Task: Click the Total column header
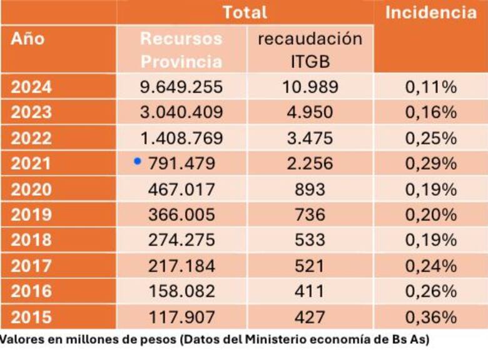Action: (245, 12)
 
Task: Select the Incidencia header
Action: (430, 12)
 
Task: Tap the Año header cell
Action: (28, 39)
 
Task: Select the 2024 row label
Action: (31, 87)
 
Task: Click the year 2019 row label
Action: (31, 214)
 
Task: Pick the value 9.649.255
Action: (181, 87)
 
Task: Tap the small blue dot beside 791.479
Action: (137, 162)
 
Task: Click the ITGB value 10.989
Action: (310, 87)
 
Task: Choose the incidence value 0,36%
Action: (430, 317)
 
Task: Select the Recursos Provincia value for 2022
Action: (181, 138)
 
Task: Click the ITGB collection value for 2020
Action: (310, 189)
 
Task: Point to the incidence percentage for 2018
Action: (430, 240)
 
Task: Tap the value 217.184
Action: (181, 266)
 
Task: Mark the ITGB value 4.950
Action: (310, 112)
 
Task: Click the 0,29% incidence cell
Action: (430, 164)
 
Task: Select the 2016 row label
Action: (31, 291)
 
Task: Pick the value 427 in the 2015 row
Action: (310, 317)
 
